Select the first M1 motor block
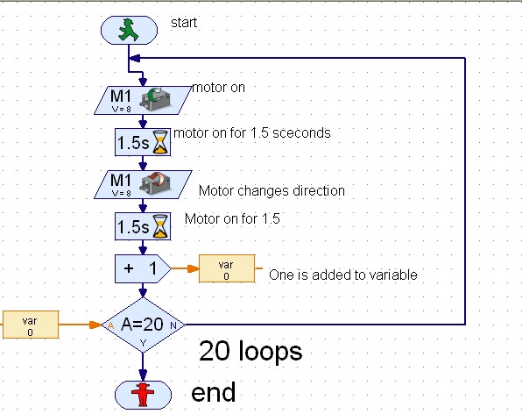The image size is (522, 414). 141,99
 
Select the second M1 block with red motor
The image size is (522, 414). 141,184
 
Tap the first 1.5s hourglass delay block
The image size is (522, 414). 141,141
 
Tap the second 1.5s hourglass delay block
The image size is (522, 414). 141,227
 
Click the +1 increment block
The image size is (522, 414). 141,269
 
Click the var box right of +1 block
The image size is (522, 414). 226,269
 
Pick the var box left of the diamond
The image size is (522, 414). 30,325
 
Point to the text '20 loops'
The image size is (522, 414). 250,352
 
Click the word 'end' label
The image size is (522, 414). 215,391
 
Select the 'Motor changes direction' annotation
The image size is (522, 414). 272,189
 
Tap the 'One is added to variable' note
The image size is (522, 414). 342,275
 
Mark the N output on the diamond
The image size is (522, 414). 173,325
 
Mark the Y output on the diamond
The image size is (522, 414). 143,344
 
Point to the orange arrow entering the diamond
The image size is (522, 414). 88,325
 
